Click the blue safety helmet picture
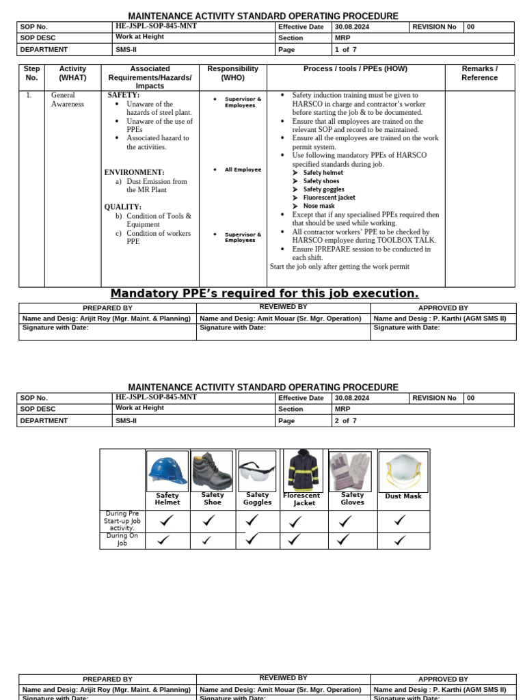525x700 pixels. tap(167, 471)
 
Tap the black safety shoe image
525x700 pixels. tap(212, 471)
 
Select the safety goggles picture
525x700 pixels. tap(257, 471)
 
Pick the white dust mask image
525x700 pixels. tap(403, 472)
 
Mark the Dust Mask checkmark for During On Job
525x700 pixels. tap(401, 540)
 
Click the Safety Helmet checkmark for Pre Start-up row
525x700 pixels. tap(165, 521)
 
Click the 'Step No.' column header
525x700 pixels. tap(31, 73)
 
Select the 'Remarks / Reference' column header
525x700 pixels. tap(479, 73)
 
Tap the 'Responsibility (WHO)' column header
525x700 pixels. tap(232, 73)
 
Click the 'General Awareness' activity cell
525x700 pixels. tap(68, 100)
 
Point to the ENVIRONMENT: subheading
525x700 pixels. tap(134, 172)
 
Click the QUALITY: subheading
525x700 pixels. tap(123, 207)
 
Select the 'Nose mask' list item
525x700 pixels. tap(319, 206)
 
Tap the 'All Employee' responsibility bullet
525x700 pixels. tap(243, 170)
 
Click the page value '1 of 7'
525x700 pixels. tap(345, 50)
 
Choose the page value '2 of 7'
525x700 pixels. tap(345, 421)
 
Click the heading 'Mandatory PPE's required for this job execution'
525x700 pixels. tap(265, 294)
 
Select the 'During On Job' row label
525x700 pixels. tap(122, 539)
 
